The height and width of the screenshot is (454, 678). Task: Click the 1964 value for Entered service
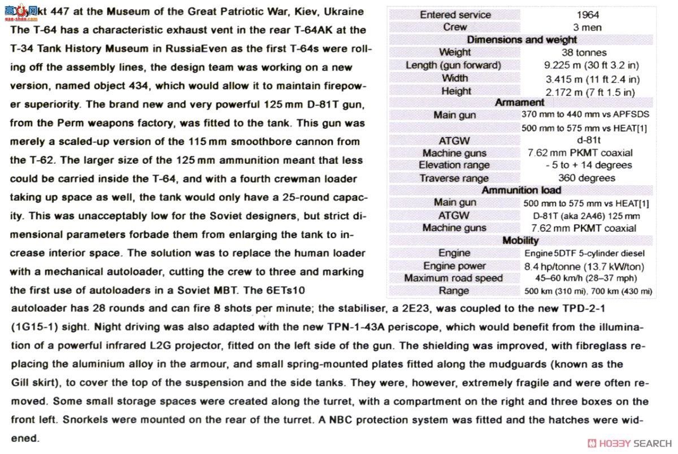(x=588, y=15)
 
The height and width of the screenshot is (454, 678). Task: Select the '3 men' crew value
(x=588, y=28)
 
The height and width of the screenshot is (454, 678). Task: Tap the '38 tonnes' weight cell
(x=588, y=53)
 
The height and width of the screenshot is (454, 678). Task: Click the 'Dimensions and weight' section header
(x=521, y=40)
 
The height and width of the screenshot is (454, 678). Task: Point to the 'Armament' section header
(x=519, y=103)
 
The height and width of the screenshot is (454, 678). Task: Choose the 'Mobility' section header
(x=520, y=241)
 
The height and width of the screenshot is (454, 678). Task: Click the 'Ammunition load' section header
(x=521, y=190)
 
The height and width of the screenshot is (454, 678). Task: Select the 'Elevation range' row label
(x=454, y=165)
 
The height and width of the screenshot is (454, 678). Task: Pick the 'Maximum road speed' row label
(x=453, y=278)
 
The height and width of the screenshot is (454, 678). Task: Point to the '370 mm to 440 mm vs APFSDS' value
(x=588, y=115)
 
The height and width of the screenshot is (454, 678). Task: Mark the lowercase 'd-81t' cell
(x=588, y=140)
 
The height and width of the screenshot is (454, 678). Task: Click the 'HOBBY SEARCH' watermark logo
(x=629, y=443)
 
